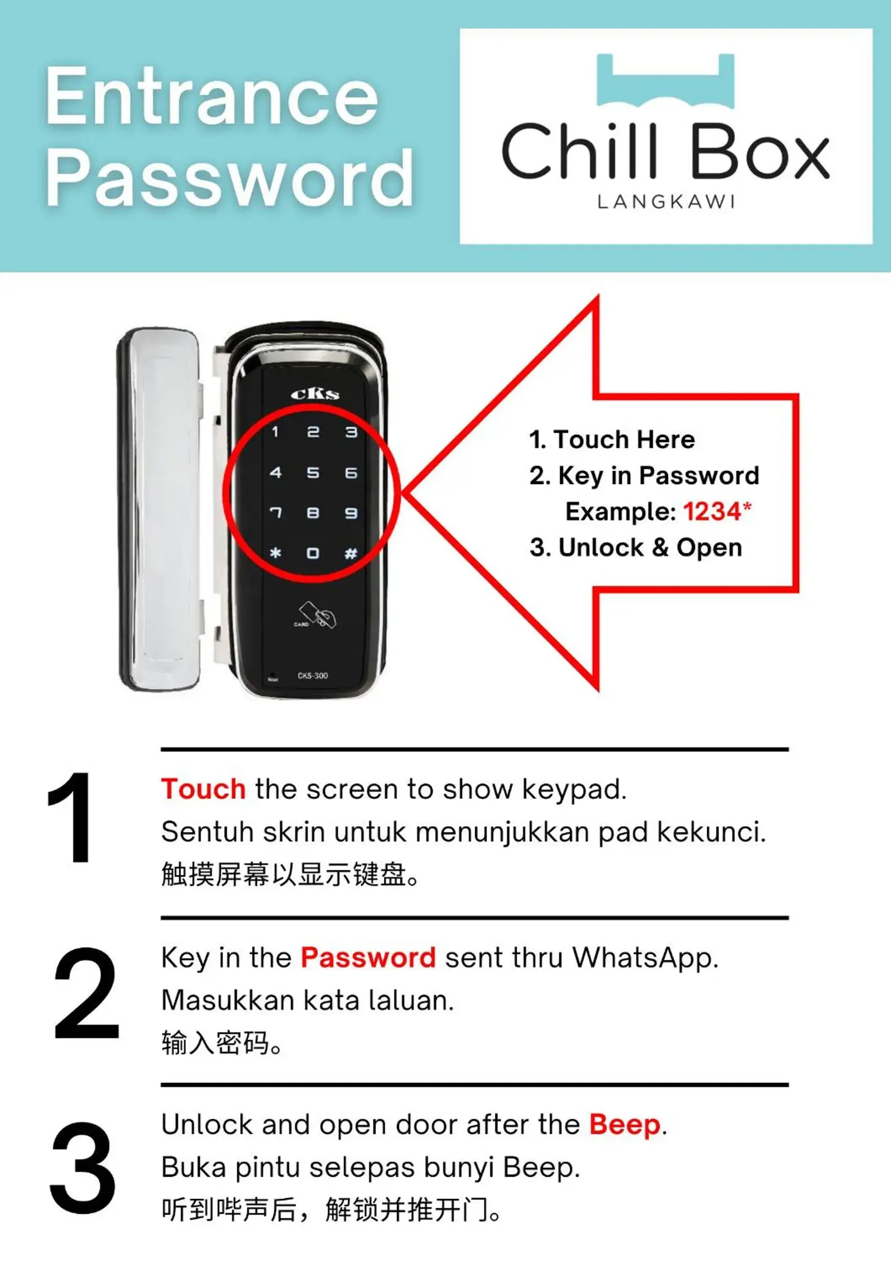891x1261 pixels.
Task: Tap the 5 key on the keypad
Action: (313, 472)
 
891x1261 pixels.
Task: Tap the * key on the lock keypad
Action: (275, 553)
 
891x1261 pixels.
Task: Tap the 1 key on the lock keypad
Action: (275, 431)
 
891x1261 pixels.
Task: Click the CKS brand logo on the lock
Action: (315, 394)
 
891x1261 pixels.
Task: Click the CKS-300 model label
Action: (312, 675)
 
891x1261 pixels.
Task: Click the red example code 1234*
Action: (717, 511)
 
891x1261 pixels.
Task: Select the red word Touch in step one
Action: (203, 789)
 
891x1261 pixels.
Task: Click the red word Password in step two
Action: (368, 957)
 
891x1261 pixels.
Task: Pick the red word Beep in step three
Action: (625, 1125)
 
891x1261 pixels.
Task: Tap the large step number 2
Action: (87, 993)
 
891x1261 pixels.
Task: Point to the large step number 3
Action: (83, 1167)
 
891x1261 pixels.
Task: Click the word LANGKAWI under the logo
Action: (666, 202)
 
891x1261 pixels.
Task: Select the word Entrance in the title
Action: (212, 96)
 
